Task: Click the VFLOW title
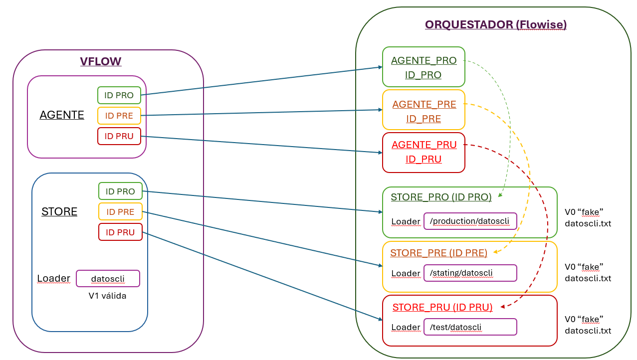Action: (101, 62)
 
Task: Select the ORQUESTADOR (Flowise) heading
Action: (495, 24)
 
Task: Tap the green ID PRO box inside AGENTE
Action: (119, 95)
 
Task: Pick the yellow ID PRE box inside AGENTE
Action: (119, 116)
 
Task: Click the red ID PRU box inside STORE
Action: (120, 232)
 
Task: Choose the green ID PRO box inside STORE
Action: (120, 191)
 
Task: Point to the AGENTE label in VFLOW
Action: (62, 115)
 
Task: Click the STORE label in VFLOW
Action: (59, 212)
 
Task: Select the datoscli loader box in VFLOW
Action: (108, 278)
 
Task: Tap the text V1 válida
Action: (107, 296)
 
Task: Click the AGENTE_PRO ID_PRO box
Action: (424, 67)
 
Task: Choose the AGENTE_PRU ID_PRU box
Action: (424, 152)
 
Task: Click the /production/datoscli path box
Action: (470, 221)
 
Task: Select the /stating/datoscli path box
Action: (470, 273)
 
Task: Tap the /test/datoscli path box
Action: (470, 327)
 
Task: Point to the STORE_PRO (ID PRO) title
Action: (441, 197)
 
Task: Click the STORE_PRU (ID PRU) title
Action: (442, 307)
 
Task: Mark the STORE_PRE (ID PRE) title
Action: (438, 253)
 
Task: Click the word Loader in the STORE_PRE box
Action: (405, 273)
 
